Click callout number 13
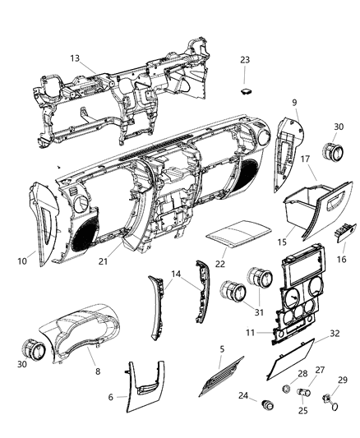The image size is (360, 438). pyautogui.click(x=75, y=58)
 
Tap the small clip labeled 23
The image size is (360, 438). pyautogui.click(x=245, y=81)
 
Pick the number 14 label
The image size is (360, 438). pyautogui.click(x=176, y=274)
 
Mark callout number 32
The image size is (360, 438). pyautogui.click(x=335, y=334)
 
